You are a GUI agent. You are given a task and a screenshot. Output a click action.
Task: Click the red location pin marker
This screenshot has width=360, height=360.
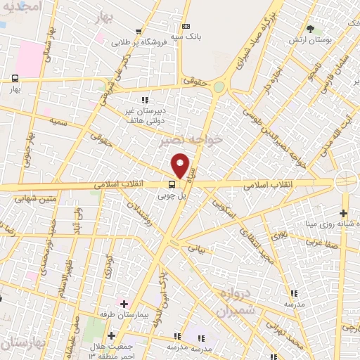coord(181,166)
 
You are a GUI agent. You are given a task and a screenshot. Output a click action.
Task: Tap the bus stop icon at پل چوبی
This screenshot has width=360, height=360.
coord(163,186)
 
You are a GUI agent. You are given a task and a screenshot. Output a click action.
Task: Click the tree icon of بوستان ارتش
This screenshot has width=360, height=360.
coord(311,28)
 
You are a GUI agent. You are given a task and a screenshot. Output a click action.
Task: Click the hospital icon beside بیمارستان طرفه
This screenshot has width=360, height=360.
coord(124,304)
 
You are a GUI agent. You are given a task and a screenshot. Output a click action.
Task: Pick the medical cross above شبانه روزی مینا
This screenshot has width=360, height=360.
coord(343,214)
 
